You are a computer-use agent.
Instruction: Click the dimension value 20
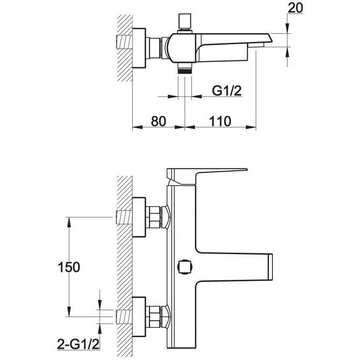pos(295,8)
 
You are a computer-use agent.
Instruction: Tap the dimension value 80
pos(158,121)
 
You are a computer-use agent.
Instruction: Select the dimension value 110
pos(220,121)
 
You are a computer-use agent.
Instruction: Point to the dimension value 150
pos(68,267)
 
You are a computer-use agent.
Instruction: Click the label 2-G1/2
pos(78,344)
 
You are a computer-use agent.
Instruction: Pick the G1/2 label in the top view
pos(226,90)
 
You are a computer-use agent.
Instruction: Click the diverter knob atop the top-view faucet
pos(185,22)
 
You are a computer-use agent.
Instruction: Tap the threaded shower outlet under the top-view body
pos(185,68)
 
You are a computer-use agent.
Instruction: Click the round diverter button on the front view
pos(185,267)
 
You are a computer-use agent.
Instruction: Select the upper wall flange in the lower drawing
pos(139,217)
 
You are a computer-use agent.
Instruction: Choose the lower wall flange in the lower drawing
pos(139,317)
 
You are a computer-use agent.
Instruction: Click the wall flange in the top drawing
pos(139,48)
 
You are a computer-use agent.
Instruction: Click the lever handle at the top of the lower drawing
pos(207,176)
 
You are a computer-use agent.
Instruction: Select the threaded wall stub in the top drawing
pos(124,42)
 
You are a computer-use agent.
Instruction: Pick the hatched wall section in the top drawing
pos(125,48)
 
